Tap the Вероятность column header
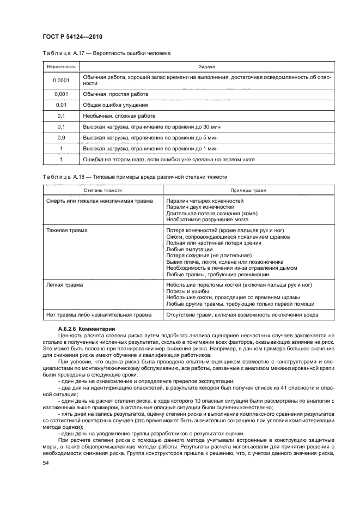click(x=60, y=66)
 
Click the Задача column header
click(x=206, y=66)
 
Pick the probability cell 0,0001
click(x=60, y=81)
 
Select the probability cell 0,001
click(x=60, y=94)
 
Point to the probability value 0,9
click(x=60, y=137)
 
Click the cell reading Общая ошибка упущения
click(x=115, y=105)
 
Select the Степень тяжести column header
click(x=102, y=190)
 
